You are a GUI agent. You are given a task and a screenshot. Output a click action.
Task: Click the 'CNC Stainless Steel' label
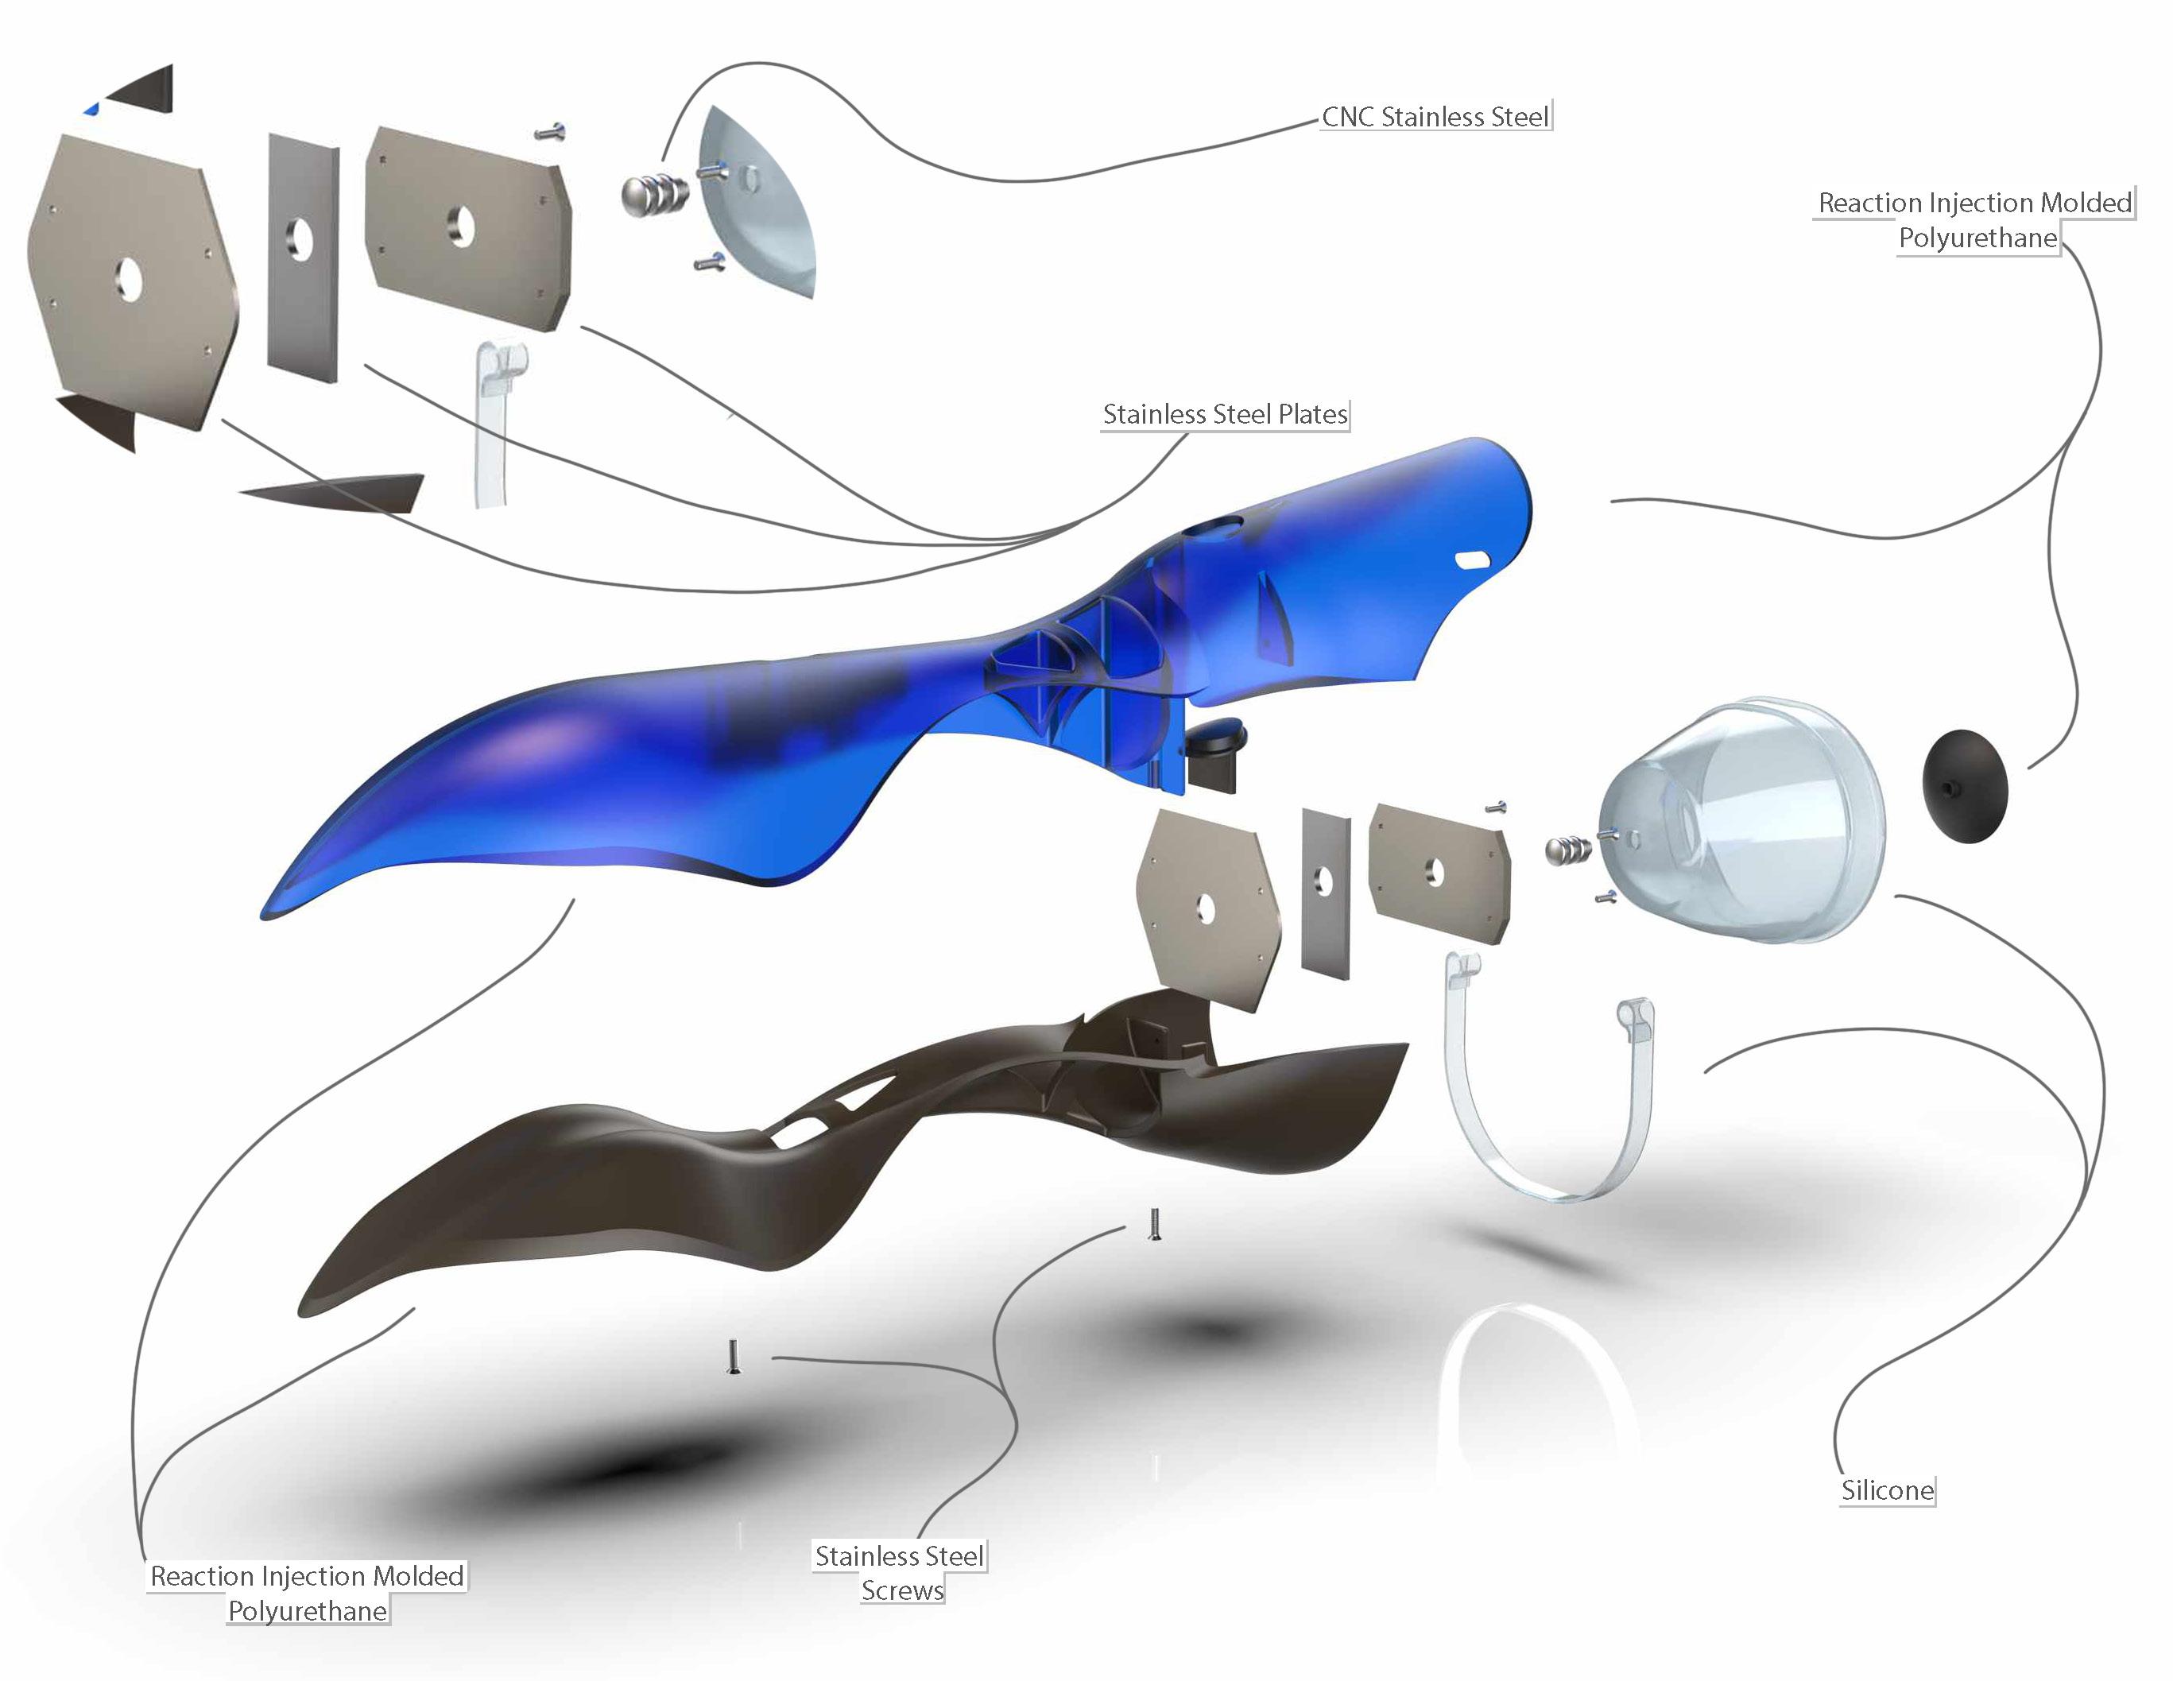pos(1435,118)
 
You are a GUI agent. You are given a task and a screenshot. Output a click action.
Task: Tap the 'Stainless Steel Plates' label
pos(1225,414)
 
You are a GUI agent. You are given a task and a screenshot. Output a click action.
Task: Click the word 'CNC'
pos(1347,118)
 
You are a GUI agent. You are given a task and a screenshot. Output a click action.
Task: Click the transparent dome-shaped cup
pos(1751,820)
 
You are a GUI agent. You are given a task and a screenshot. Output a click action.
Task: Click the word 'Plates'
pos(1312,414)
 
